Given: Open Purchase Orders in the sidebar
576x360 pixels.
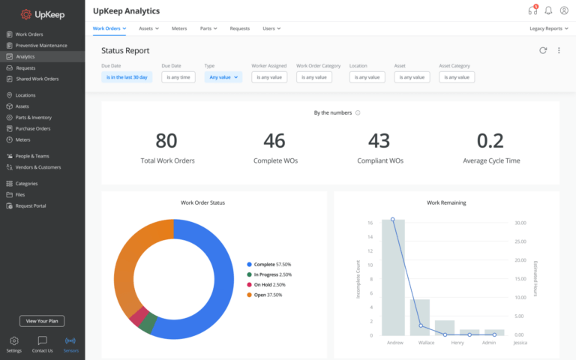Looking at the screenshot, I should pyautogui.click(x=33, y=128).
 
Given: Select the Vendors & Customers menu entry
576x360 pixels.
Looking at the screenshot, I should pyautogui.click(x=38, y=166).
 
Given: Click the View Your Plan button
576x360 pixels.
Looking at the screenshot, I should pyautogui.click(x=42, y=321).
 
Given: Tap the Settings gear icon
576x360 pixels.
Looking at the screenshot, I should pyautogui.click(x=13, y=341).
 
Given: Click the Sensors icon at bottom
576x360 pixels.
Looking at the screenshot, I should pyautogui.click(x=70, y=341).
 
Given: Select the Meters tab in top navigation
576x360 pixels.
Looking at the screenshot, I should pyautogui.click(x=179, y=28).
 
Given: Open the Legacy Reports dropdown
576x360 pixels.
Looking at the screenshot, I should pyautogui.click(x=547, y=28).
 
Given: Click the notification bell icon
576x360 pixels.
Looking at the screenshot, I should pyautogui.click(x=548, y=10).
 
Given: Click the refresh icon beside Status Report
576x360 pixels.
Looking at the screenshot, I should pyautogui.click(x=543, y=50).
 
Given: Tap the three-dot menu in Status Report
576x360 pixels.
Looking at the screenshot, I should pyautogui.click(x=559, y=50).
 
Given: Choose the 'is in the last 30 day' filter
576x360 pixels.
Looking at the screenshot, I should pyautogui.click(x=127, y=76).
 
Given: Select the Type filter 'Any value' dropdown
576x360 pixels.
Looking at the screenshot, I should pyautogui.click(x=223, y=76).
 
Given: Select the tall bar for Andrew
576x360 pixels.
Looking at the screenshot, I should pyautogui.click(x=393, y=277).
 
